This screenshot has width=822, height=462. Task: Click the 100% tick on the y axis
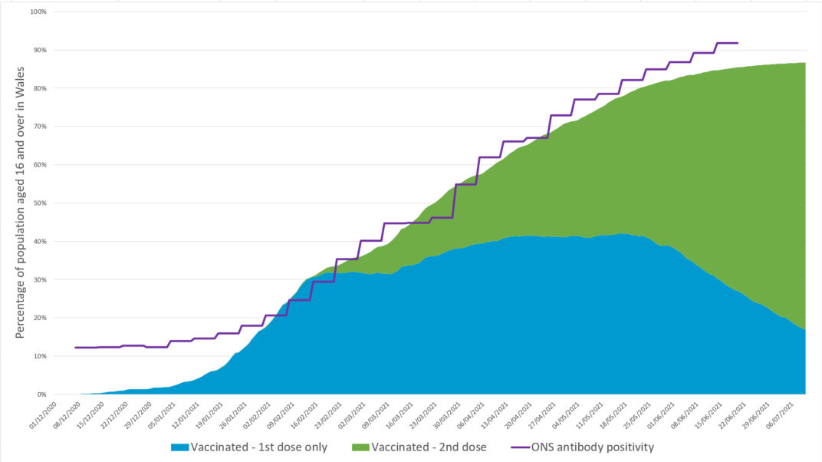point(38,12)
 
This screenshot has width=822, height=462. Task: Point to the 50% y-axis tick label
point(40,203)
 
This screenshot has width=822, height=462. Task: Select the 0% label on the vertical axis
point(42,394)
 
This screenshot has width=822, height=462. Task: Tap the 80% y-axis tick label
point(40,88)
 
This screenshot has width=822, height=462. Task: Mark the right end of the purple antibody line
point(738,43)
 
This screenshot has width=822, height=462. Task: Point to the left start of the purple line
point(75,348)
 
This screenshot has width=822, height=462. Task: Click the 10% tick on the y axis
point(40,356)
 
